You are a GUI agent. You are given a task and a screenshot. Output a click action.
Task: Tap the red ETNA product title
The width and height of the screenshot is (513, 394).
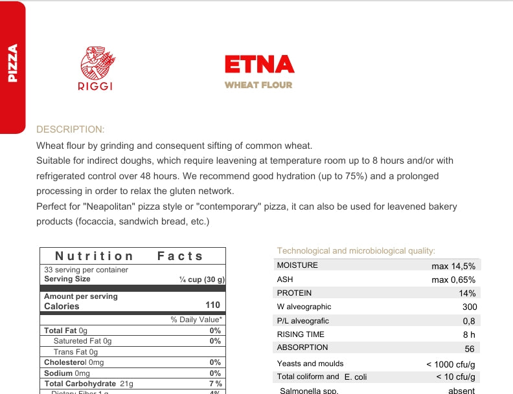pos(259,65)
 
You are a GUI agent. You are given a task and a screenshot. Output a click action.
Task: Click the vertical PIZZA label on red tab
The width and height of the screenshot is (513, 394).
pos(12,63)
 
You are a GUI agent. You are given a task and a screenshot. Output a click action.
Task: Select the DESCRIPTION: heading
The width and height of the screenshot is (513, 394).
pos(71,129)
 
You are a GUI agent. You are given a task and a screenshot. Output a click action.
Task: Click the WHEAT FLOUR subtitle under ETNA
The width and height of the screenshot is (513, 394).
pos(258,85)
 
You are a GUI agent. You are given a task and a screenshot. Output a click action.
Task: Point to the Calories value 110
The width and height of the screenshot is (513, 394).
pos(212,305)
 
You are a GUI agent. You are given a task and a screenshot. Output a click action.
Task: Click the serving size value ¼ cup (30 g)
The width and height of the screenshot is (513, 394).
pos(202,279)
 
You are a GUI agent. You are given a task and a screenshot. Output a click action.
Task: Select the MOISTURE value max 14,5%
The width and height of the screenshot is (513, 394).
pos(453,266)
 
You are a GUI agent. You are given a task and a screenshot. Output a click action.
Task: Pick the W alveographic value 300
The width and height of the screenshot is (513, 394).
pos(470,307)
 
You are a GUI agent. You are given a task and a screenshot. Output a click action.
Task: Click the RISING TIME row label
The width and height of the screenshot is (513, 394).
pos(301,334)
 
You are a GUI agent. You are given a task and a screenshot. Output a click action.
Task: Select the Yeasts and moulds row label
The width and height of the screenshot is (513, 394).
pos(310,364)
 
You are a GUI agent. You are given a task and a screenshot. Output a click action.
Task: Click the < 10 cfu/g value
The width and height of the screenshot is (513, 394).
pos(455,377)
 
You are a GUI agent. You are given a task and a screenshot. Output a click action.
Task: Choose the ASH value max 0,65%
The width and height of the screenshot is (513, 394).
pos(453,279)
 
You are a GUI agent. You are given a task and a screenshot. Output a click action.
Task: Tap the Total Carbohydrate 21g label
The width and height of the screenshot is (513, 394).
pos(88,384)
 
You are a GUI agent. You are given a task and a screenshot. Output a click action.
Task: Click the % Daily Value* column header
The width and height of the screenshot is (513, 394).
pos(196,320)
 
